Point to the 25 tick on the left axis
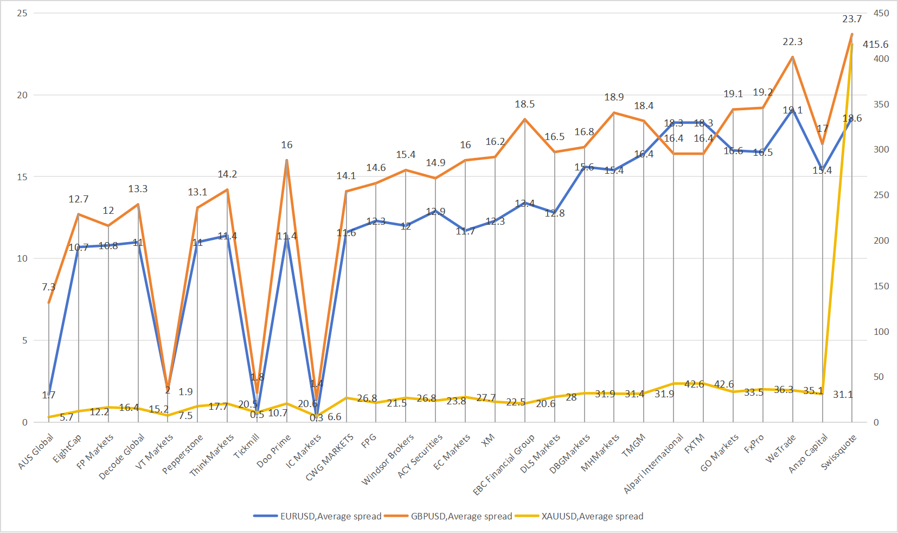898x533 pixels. [x=22, y=13]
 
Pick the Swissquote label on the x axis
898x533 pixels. [x=839, y=452]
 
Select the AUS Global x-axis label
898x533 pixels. [x=36, y=452]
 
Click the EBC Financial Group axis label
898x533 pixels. [x=504, y=465]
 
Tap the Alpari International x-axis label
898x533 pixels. [x=653, y=465]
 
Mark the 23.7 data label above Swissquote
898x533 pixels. [x=852, y=19]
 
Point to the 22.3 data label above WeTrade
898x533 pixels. [x=793, y=42]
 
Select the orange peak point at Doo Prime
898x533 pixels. [x=287, y=160]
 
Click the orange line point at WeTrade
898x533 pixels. [x=793, y=57]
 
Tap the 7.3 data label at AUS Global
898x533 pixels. [x=49, y=287]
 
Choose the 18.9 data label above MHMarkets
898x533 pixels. [x=614, y=97]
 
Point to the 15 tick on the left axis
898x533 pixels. [x=22, y=177]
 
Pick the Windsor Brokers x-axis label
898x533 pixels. [x=388, y=459]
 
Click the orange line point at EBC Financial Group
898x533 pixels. [x=525, y=119]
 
